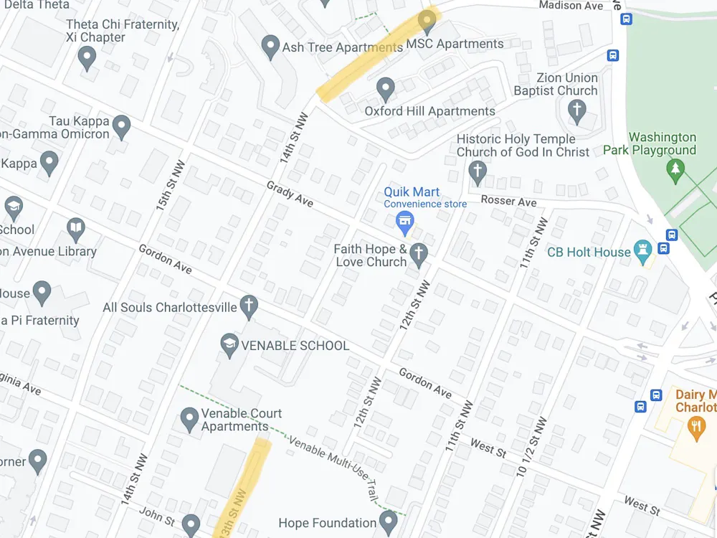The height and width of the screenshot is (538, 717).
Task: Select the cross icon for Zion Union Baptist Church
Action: (576, 110)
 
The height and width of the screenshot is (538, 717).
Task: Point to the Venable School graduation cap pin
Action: (229, 344)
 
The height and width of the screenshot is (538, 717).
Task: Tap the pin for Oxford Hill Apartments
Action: (386, 89)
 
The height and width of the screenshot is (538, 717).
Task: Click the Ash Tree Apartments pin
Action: (270, 47)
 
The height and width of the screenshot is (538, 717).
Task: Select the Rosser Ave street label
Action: (508, 201)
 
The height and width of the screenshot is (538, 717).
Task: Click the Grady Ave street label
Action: (290, 194)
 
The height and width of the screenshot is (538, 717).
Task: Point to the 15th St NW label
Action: (171, 185)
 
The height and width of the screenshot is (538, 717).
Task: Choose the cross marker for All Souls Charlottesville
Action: (249, 306)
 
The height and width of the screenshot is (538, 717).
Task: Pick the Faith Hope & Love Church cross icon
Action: (419, 253)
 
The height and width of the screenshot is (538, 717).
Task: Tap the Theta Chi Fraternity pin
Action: (87, 56)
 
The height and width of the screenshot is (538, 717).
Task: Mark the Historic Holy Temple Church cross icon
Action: (477, 171)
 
